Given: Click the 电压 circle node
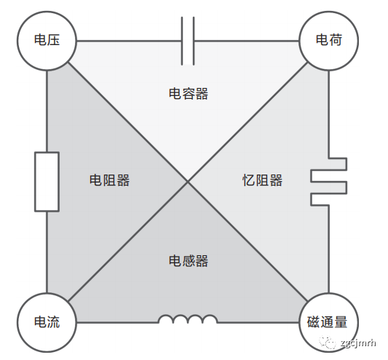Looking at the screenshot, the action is pos(47,41).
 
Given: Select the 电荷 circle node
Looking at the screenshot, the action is pos(328,41).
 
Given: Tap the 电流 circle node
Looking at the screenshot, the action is pos(47,322).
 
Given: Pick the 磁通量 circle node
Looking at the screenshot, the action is pos(328,322).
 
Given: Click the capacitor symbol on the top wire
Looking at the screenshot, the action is pos(188,41).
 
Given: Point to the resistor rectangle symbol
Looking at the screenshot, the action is pos(47,182).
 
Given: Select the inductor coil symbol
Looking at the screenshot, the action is pos(188,319).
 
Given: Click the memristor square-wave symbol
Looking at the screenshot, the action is pos(328,182).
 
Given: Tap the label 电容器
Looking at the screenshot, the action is pos(189,94).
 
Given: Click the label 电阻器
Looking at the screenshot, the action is pos(109,180).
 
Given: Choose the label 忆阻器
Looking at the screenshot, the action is pos(262,180).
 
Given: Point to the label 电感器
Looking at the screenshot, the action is pos(189,261).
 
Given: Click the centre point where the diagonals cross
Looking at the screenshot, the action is pos(188,182).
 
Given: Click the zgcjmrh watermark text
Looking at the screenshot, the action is pos(358,343).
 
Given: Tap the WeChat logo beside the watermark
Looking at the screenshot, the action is pos(328,343).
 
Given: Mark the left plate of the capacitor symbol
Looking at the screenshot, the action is pos(182,41).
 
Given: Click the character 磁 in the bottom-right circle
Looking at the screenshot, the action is pos(314,322).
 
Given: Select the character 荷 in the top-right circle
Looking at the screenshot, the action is pos(336,39).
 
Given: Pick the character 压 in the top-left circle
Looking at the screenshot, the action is pos(53,39).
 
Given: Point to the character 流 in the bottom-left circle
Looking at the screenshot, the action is pos(53,321).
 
